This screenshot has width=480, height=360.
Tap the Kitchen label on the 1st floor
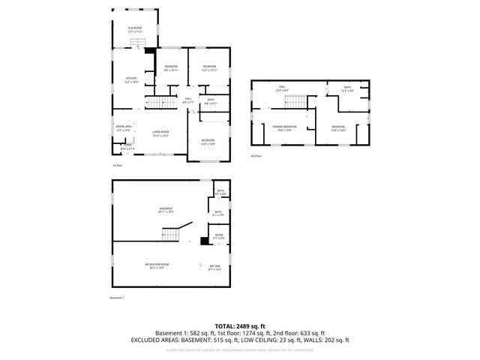(x=131, y=79)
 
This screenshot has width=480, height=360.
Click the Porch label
(x=128, y=147)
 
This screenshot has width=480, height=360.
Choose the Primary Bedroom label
(x=285, y=127)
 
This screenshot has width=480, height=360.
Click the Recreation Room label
(x=157, y=266)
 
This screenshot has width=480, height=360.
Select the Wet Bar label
(x=215, y=267)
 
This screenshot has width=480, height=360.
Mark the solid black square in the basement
(x=204, y=241)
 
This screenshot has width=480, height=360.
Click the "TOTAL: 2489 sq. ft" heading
(x=239, y=325)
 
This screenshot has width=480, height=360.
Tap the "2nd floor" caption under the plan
(x=256, y=156)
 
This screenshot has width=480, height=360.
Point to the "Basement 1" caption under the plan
(x=117, y=298)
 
